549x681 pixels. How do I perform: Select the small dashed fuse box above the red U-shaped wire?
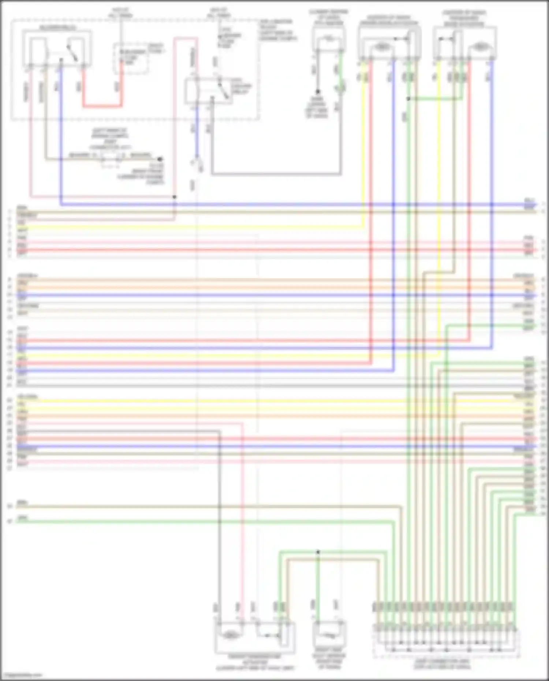(x=131, y=58)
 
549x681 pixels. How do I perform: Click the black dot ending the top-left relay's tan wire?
(x=160, y=159)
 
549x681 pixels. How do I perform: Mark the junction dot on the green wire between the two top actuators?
(x=408, y=98)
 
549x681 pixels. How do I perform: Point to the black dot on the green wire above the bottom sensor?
(x=318, y=552)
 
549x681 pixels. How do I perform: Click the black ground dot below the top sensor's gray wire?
(x=318, y=92)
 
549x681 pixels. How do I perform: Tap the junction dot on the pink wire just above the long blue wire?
(x=175, y=197)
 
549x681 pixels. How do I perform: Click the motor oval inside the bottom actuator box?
(x=229, y=635)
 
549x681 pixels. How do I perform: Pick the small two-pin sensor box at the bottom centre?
(x=329, y=635)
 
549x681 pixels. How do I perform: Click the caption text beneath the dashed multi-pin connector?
(x=442, y=664)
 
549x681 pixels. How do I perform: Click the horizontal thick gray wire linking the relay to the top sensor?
(x=276, y=173)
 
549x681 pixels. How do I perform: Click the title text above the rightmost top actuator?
(x=464, y=18)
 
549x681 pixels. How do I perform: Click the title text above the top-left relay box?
(x=57, y=28)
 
